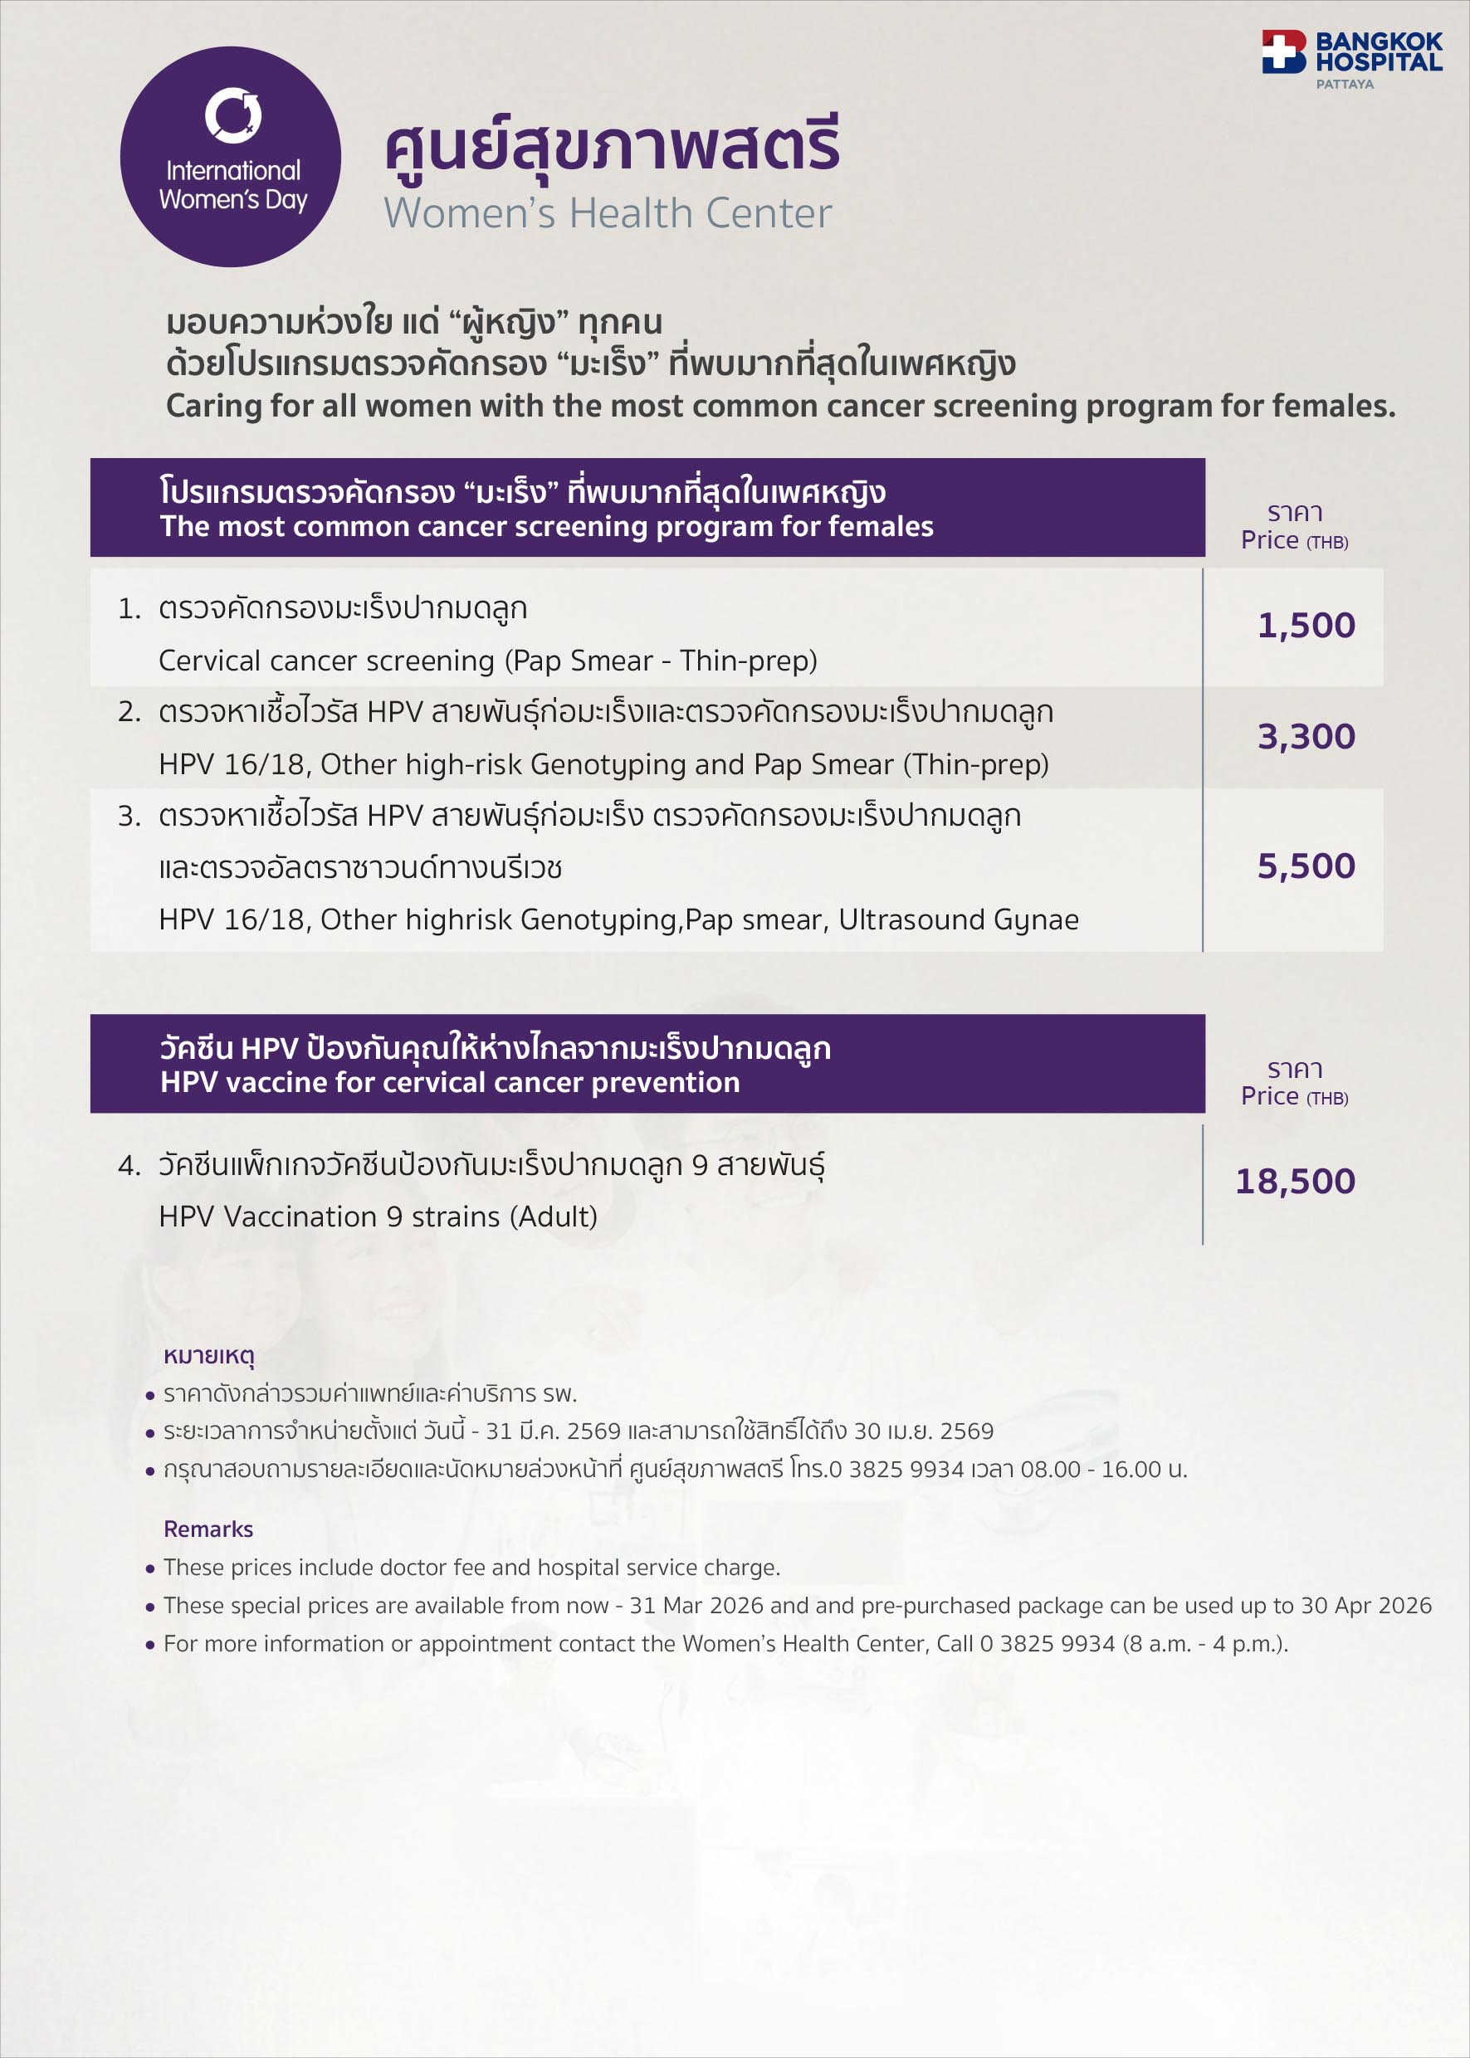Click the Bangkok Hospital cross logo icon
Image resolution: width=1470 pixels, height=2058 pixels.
(x=1282, y=51)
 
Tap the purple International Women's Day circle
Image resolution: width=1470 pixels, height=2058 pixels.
(x=231, y=157)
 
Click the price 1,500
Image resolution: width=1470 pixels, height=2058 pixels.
(x=1306, y=626)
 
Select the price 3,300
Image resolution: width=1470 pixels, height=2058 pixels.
(x=1306, y=737)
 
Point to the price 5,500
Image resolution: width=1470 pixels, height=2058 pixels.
(x=1306, y=866)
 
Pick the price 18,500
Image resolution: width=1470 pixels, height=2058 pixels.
(x=1296, y=1181)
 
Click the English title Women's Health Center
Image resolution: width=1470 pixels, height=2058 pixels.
(x=608, y=213)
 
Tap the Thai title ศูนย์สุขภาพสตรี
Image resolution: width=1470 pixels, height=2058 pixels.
(x=613, y=144)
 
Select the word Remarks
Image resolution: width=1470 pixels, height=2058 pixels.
(x=208, y=1529)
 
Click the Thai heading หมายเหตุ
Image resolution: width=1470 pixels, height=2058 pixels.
(x=209, y=1355)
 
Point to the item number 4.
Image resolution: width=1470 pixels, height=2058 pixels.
(x=129, y=1166)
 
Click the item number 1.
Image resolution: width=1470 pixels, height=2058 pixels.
(x=129, y=609)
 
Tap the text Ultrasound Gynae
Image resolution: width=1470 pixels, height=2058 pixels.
(x=959, y=919)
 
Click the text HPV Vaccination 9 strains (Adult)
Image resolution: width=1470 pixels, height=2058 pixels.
(x=378, y=1217)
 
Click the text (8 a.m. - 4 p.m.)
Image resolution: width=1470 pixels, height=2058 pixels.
(x=1204, y=1644)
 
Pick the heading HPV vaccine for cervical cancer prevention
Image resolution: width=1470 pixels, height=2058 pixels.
(x=450, y=1082)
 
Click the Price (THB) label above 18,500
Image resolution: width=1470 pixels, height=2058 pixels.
(x=1294, y=1096)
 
